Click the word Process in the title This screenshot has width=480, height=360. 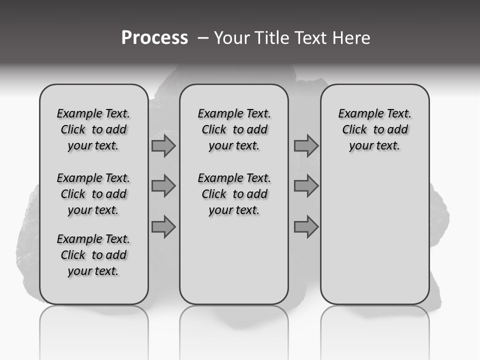point(154,38)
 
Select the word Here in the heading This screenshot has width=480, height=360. point(351,38)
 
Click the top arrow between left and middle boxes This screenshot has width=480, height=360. point(163,145)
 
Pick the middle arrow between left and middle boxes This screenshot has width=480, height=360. point(163,186)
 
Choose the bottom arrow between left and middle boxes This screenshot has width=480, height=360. point(163,227)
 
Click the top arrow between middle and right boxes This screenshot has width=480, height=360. point(306,145)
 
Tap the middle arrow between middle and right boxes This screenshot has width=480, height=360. point(306,186)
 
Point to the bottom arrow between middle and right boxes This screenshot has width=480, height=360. point(306,227)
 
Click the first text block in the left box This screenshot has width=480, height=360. point(93,129)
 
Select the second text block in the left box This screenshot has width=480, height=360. point(93,194)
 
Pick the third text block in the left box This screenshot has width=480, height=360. point(93,255)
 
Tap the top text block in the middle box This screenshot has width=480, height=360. point(234,129)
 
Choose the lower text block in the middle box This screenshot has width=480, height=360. point(234,194)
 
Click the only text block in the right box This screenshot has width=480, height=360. point(374,129)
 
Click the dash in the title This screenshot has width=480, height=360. point(203,38)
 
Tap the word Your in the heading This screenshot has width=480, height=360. point(231,38)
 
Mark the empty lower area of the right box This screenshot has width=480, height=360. point(374,235)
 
